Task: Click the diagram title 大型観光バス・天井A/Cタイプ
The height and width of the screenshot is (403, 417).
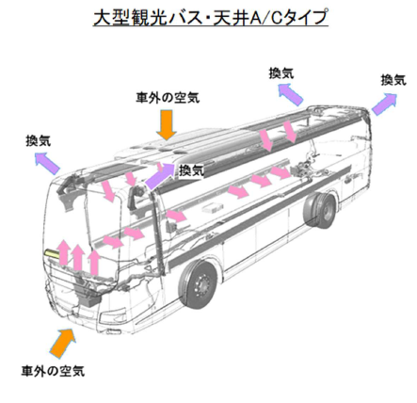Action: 211,18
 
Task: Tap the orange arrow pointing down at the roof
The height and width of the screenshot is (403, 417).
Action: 167,124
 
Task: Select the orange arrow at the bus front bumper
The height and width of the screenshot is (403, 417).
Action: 63,343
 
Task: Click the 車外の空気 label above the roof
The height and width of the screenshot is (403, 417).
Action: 168,98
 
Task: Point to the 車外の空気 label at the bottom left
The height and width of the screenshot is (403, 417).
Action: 53,371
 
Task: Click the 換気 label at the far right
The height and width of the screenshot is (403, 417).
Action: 393,80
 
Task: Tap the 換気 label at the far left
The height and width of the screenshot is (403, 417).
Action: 39,140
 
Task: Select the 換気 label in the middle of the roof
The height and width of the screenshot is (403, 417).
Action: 191,170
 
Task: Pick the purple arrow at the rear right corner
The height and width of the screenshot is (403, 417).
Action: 384,104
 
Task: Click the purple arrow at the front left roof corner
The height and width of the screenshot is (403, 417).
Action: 47,162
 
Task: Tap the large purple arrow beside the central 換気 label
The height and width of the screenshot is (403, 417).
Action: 159,176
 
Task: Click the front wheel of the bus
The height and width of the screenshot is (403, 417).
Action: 199,284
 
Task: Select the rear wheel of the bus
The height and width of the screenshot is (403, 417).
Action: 320,209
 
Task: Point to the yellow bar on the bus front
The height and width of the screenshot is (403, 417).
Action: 52,253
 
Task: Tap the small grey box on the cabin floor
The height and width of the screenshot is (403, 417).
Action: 212,207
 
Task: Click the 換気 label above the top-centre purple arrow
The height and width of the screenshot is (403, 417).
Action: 281,73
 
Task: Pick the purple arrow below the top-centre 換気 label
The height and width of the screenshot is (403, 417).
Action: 291,94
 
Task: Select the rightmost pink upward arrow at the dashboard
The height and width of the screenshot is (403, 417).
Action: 94,263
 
